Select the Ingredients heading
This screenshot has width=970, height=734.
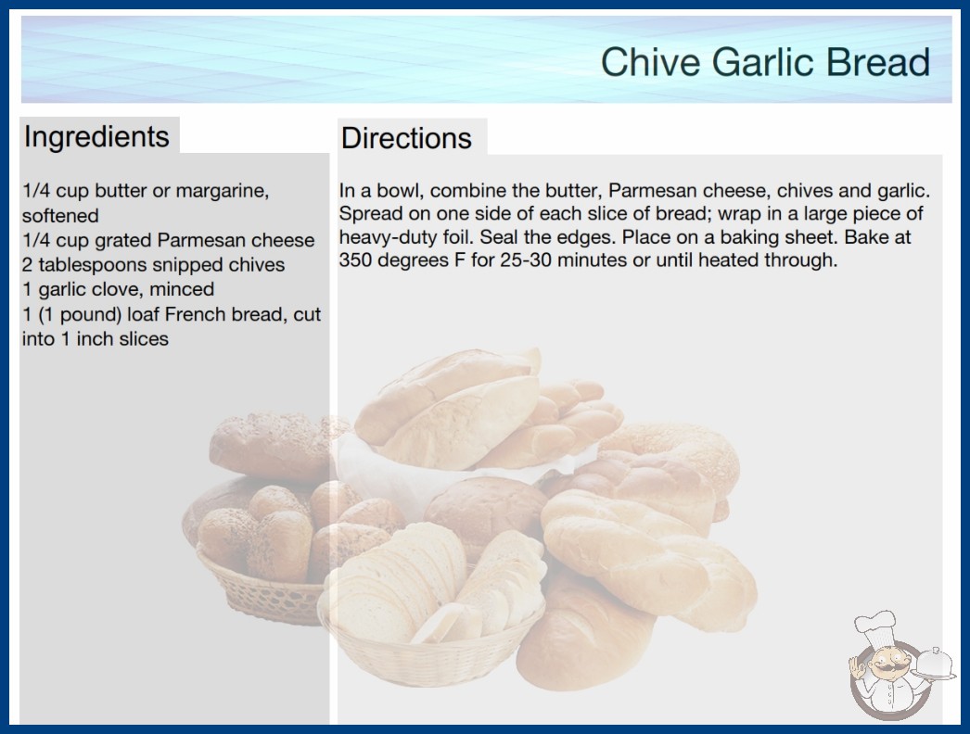[x=96, y=137]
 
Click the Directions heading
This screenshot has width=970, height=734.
[x=406, y=138]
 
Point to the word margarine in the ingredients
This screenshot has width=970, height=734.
[x=222, y=191]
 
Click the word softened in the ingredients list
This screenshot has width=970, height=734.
[x=60, y=215]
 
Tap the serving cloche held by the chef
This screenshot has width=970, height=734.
[x=934, y=664]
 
